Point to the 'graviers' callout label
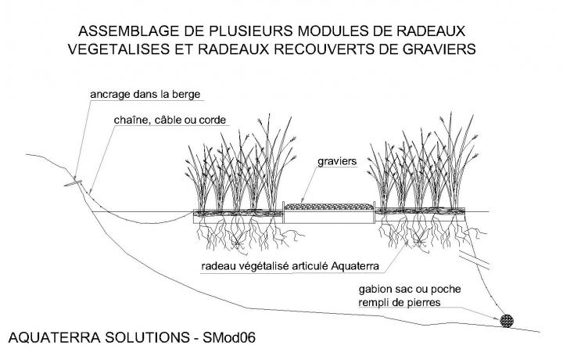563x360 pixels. [337, 164]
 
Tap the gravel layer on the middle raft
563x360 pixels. [328, 207]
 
